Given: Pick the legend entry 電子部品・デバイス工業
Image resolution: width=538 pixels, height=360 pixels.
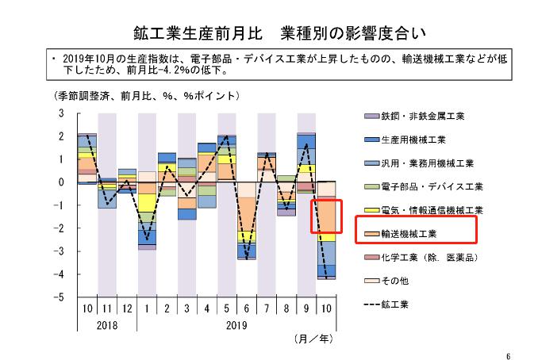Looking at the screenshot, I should click(x=429, y=187).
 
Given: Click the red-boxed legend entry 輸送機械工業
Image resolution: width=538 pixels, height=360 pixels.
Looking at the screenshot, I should click(x=414, y=234).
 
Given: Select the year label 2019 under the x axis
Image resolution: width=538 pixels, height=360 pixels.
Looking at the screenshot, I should click(x=236, y=324).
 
